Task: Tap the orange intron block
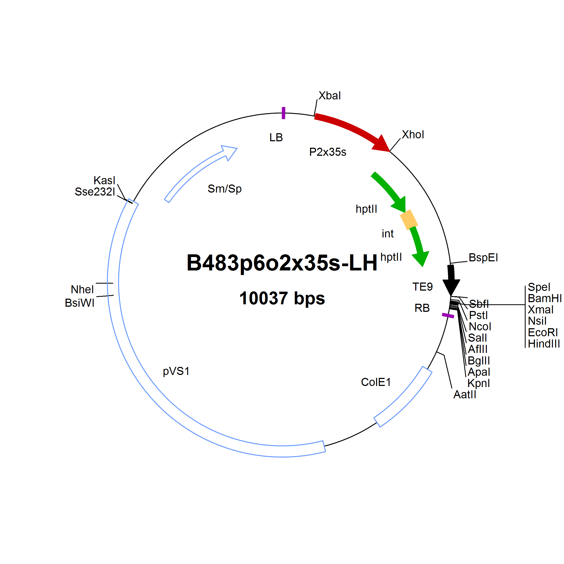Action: (x=409, y=219)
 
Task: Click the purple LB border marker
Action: (x=283, y=113)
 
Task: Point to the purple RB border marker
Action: (x=448, y=316)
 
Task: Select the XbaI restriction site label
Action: (x=330, y=96)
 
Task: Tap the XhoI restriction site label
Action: (x=413, y=135)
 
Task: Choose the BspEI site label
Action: (x=483, y=258)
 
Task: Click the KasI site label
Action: (x=104, y=180)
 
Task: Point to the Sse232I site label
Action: (x=95, y=192)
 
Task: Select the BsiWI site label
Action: (x=79, y=303)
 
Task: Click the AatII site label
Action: (x=465, y=394)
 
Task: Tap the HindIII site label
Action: (x=544, y=344)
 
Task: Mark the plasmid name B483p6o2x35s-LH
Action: (x=282, y=263)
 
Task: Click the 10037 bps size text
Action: (x=282, y=298)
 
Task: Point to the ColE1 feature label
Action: (x=376, y=382)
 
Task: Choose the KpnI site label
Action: (x=479, y=383)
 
